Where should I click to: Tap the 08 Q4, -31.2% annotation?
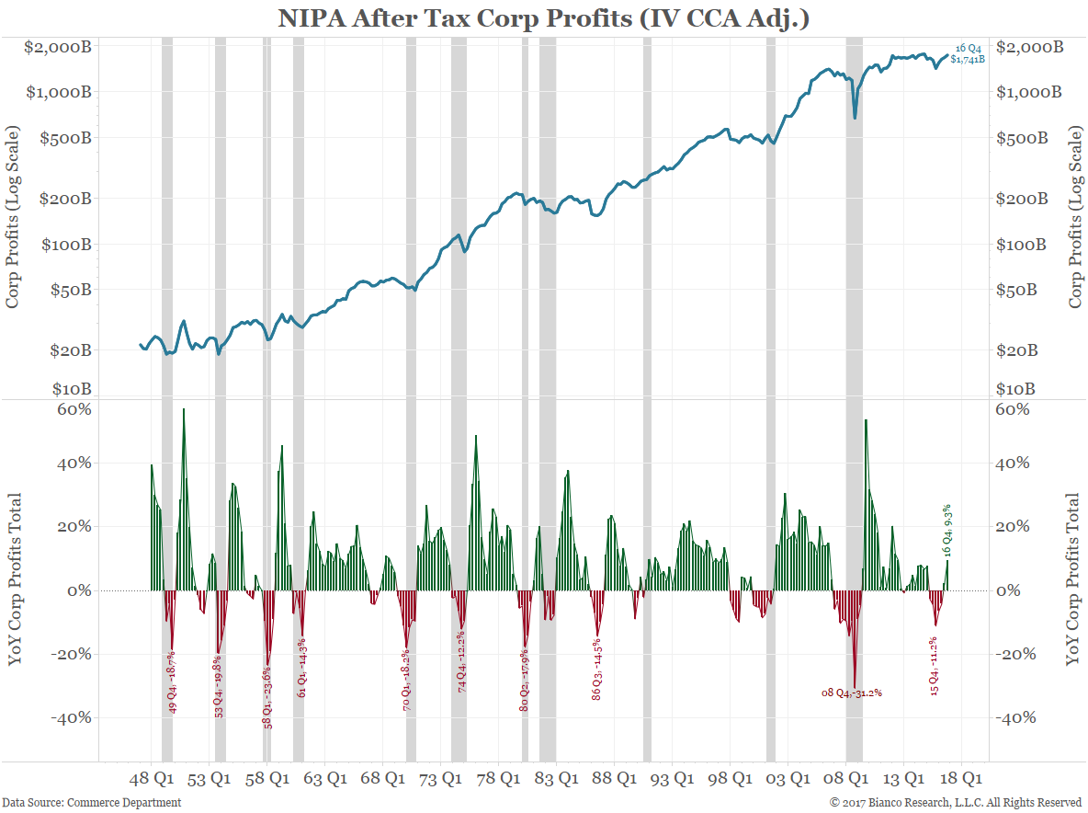tap(852, 693)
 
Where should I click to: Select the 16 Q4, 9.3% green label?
tap(947, 531)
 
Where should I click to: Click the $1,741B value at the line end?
tap(967, 59)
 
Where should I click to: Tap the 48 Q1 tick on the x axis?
tap(152, 779)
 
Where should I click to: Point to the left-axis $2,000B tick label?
tap(60, 47)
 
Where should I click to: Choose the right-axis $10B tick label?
tap(1021, 389)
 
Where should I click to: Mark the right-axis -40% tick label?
tap(1016, 717)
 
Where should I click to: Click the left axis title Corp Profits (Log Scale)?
tap(15, 219)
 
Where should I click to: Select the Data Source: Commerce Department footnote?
tap(91, 803)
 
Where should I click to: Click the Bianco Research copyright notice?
tap(956, 803)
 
